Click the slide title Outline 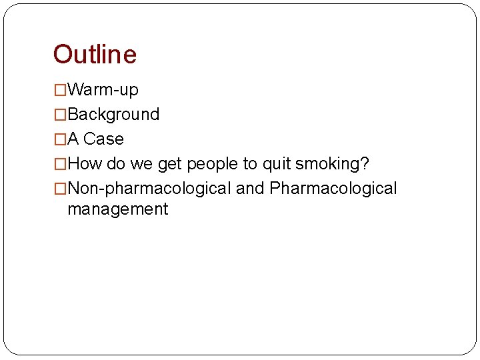(95, 55)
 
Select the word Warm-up (103, 89)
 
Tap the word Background (113, 115)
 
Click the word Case (103, 139)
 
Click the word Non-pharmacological (150, 189)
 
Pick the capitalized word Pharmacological (333, 189)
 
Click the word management (117, 209)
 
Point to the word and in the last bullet (250, 189)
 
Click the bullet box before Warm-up (60, 90)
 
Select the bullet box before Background (60, 115)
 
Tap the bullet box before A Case (60, 139)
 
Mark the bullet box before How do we (60, 164)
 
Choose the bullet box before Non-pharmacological (60, 189)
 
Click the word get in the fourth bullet (170, 164)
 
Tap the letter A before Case (73, 139)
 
